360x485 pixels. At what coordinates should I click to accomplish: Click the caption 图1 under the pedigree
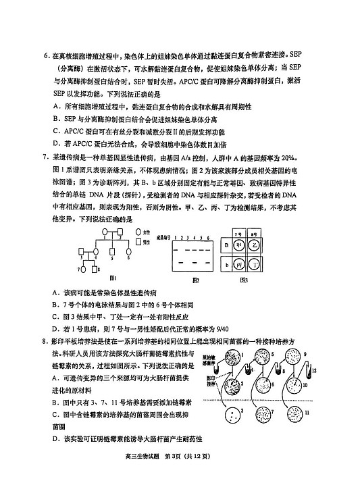113,277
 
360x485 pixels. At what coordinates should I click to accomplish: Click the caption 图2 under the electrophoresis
196,278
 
